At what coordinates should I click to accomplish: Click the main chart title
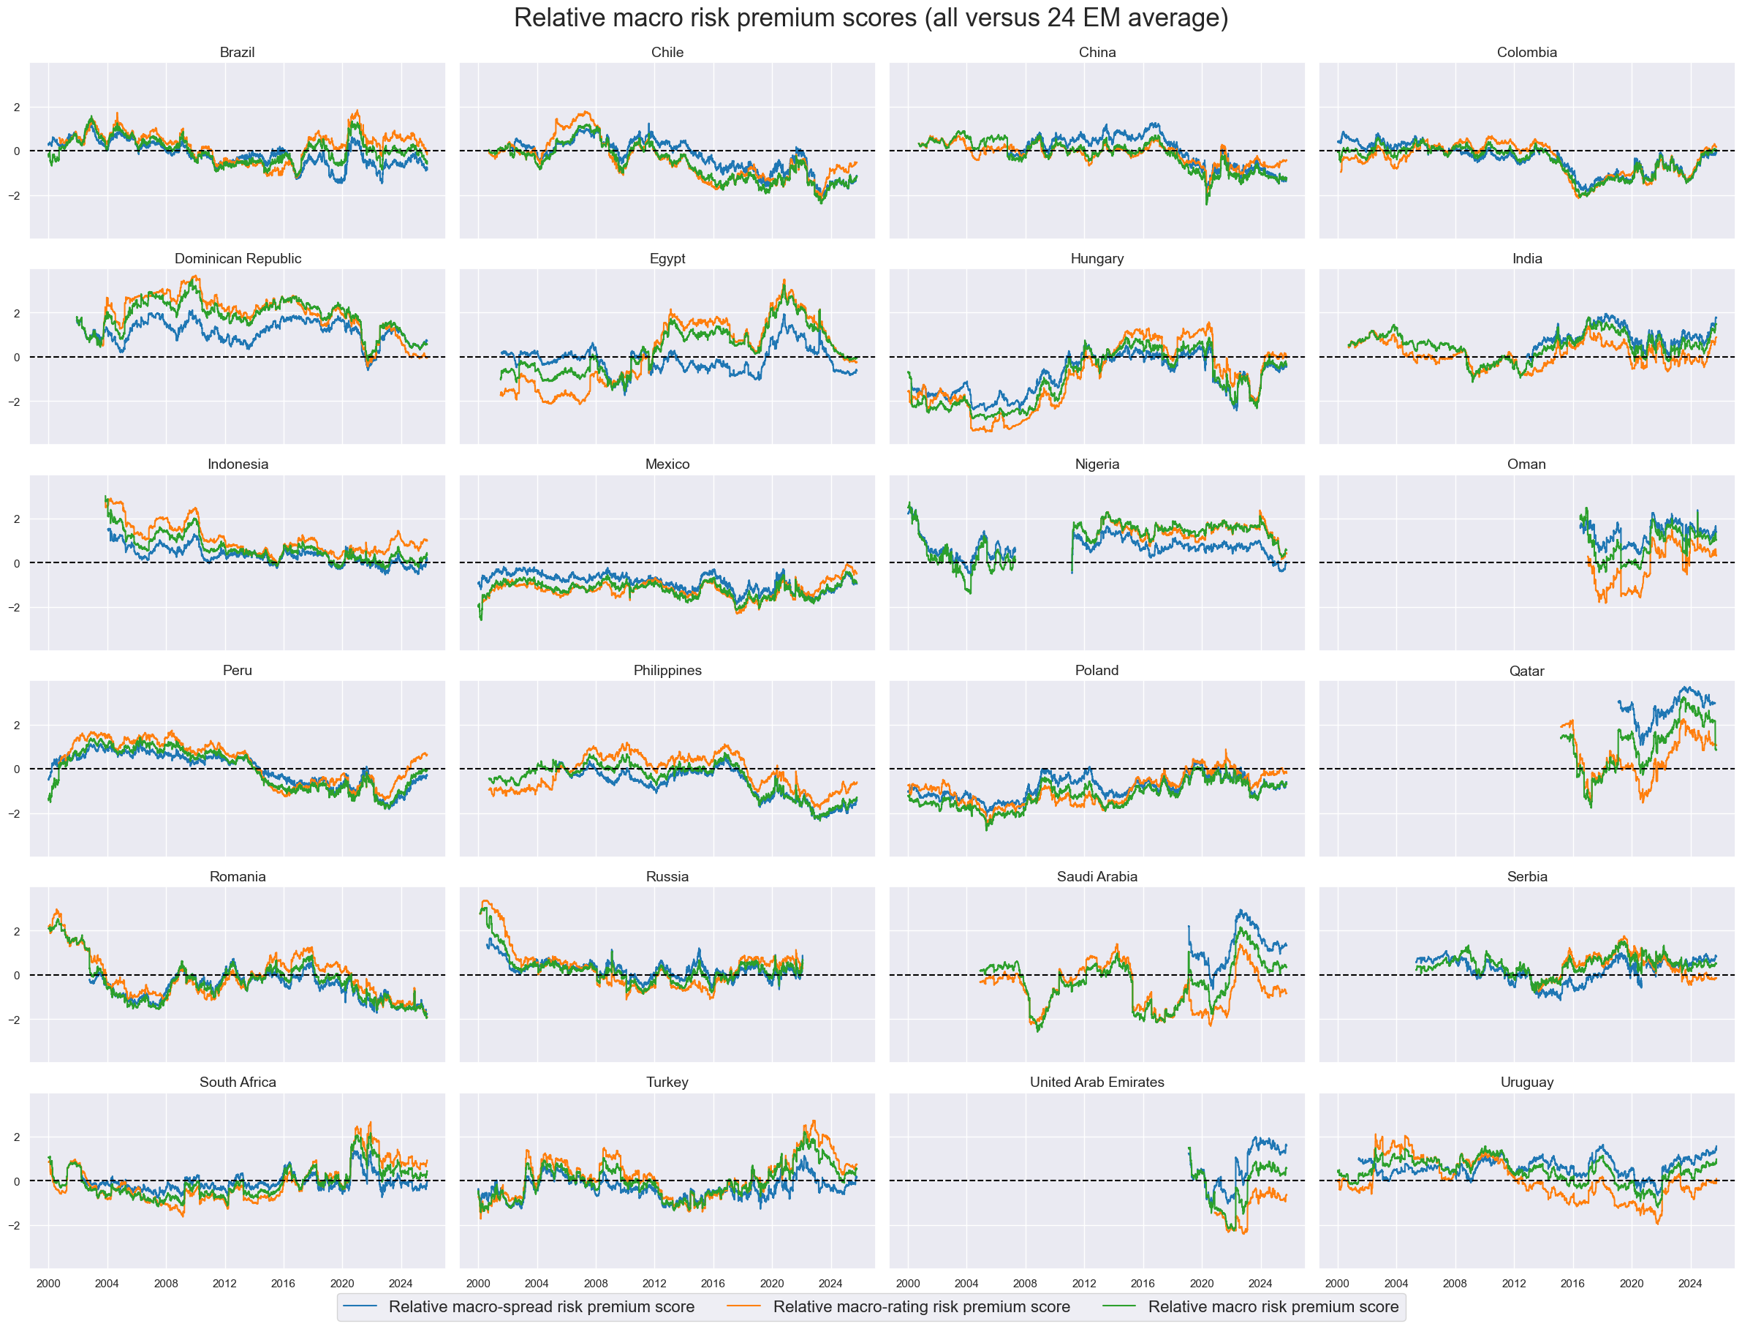[x=871, y=18]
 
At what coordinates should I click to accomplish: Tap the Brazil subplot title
[x=238, y=52]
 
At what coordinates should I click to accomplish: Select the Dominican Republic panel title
[x=238, y=259]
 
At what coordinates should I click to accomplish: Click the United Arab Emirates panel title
[x=1097, y=1083]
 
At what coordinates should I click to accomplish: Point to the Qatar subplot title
[x=1526, y=671]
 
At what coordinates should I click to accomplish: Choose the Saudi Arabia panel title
[x=1097, y=876]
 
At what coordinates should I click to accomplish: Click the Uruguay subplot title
[x=1526, y=1083]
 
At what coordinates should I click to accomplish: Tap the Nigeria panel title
[x=1097, y=464]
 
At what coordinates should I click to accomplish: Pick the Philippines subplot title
[x=667, y=670]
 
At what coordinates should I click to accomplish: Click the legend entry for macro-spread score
[x=541, y=1307]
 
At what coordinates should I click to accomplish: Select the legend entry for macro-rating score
[x=921, y=1307]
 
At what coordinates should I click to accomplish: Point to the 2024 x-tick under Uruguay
[x=1690, y=1283]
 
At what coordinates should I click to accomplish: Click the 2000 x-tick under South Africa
[x=48, y=1283]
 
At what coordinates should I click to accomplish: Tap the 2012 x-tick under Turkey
[x=654, y=1283]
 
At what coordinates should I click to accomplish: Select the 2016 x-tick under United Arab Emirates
[x=1143, y=1283]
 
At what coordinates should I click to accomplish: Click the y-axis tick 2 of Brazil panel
[x=17, y=108]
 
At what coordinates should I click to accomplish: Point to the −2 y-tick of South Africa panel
[x=14, y=1225]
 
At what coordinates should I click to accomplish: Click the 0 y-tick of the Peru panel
[x=17, y=769]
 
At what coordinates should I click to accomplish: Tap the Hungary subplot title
[x=1097, y=259]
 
